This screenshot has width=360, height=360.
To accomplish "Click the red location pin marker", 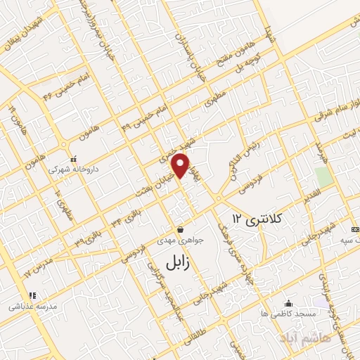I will pyautogui.click(x=182, y=165).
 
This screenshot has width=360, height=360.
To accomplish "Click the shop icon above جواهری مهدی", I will pyautogui.click(x=181, y=229).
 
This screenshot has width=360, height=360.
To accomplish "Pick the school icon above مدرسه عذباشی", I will pyautogui.click(x=31, y=295).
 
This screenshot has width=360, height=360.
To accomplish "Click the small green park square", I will pyautogui.click(x=323, y=176).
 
